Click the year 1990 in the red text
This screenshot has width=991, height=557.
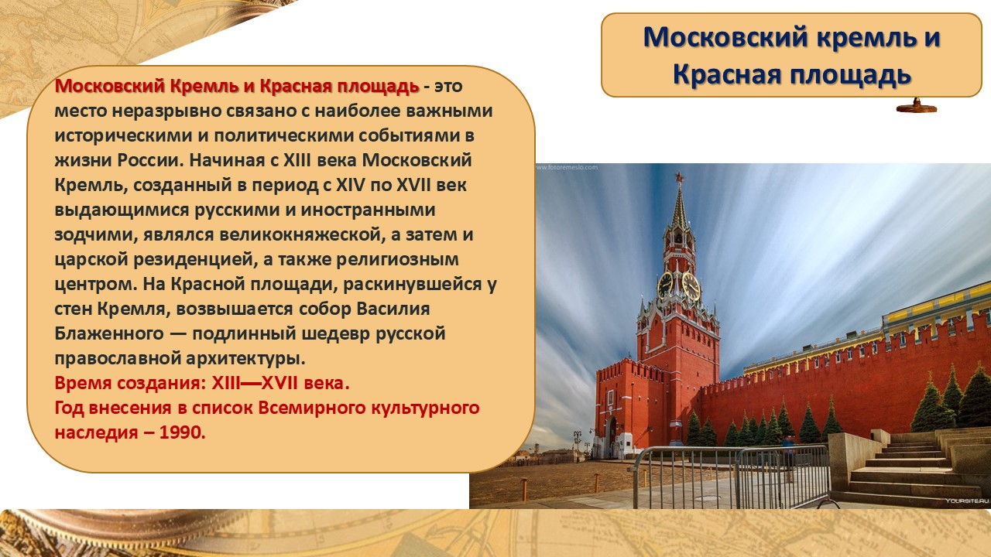[181, 432]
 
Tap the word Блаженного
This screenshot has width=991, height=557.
[109, 333]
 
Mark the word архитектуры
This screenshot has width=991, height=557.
[245, 359]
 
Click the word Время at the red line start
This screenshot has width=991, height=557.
[82, 383]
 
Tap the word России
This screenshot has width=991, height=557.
[150, 160]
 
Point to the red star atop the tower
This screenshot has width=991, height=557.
[679, 178]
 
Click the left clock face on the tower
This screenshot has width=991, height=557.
[665, 285]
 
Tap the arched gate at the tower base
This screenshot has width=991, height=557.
[612, 435]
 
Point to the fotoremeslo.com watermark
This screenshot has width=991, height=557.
[567, 168]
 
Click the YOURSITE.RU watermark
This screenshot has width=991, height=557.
[967, 501]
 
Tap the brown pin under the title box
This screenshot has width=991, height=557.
[916, 106]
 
